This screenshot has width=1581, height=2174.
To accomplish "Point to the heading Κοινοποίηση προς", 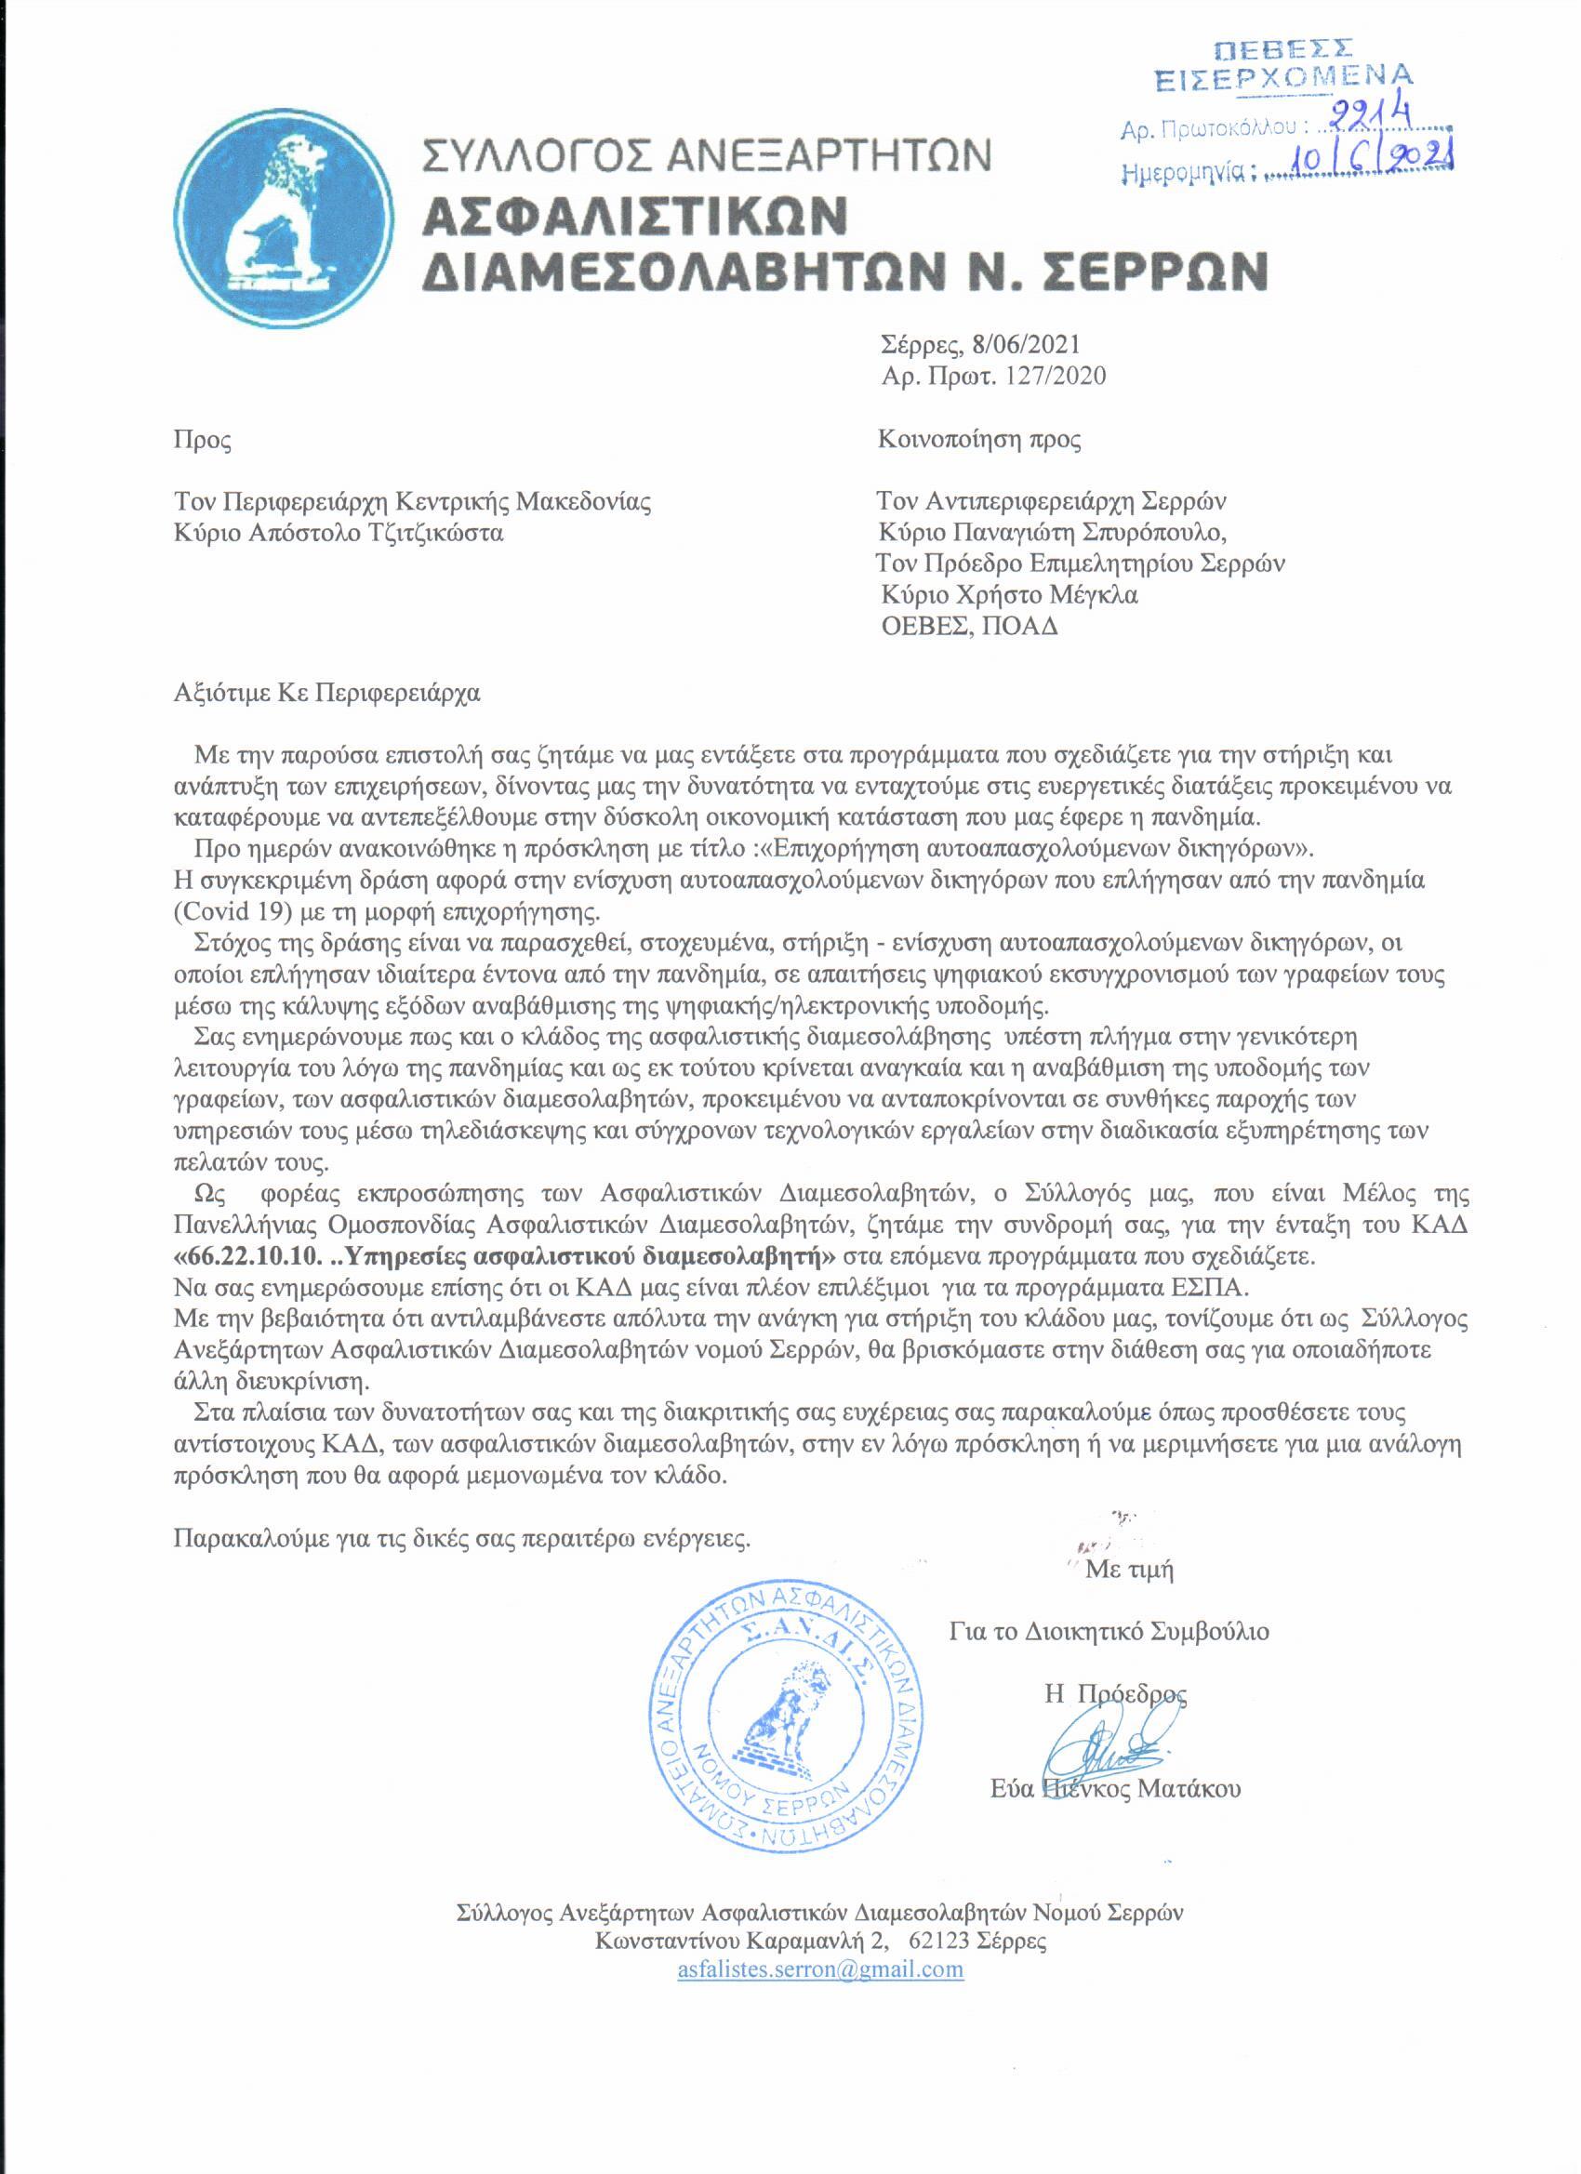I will (980, 441).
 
